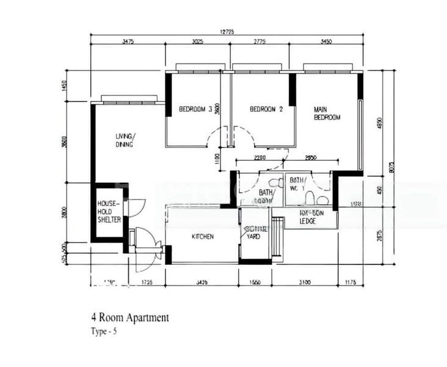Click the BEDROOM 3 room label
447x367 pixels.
(195, 109)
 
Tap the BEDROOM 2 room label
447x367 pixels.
(267, 109)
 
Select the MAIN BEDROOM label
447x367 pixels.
(327, 113)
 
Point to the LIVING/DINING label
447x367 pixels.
(126, 140)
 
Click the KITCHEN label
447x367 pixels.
(203, 237)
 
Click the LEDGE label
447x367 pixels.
(307, 221)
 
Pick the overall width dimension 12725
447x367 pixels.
(227, 32)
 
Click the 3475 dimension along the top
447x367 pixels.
(128, 43)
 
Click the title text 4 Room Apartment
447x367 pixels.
(129, 317)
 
